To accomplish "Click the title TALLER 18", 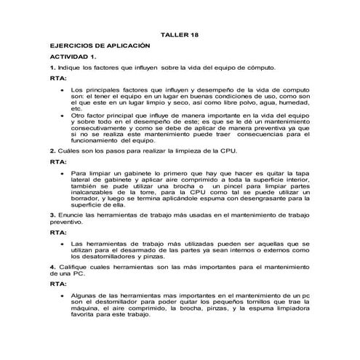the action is pos(179,34).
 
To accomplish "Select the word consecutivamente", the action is pos(101,127).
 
